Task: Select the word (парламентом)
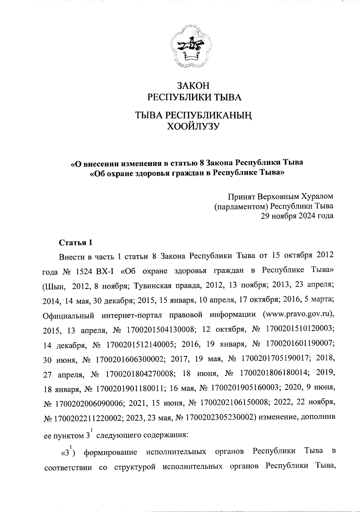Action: point(241,206)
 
